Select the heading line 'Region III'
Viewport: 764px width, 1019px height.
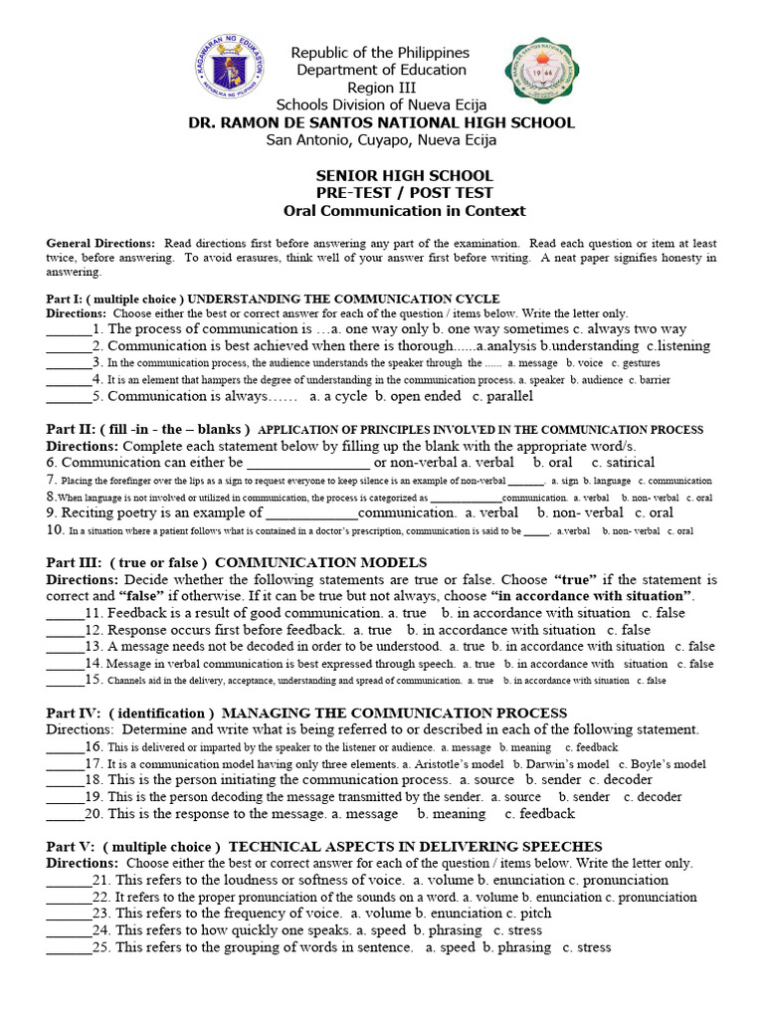pos(381,87)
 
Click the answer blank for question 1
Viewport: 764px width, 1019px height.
pos(68,329)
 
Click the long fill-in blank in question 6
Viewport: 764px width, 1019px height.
pos(307,463)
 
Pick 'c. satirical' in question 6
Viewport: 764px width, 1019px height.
pos(623,463)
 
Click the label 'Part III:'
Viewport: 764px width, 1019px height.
pos(75,561)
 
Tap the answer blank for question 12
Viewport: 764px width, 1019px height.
pos(65,630)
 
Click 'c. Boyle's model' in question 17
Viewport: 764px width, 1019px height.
pos(667,764)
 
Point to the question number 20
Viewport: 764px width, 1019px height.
pos(94,814)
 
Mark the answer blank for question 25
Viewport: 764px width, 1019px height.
pos(68,947)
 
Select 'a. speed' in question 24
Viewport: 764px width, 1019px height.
pos(381,930)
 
